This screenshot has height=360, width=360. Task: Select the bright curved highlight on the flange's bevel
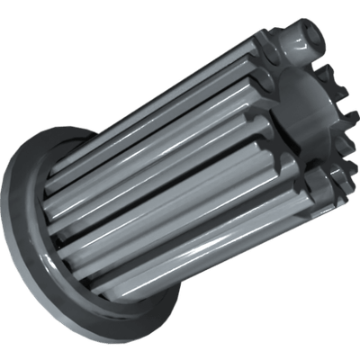(x=27, y=225)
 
